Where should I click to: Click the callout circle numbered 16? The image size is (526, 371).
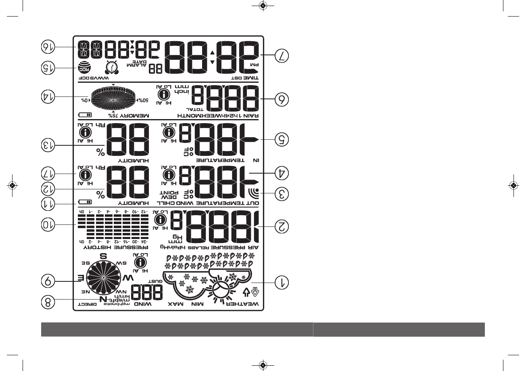point(48,47)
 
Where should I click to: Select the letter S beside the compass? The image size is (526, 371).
point(102,256)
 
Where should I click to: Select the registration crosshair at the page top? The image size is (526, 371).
point(263,6)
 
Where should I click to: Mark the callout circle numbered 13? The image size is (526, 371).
point(48,145)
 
